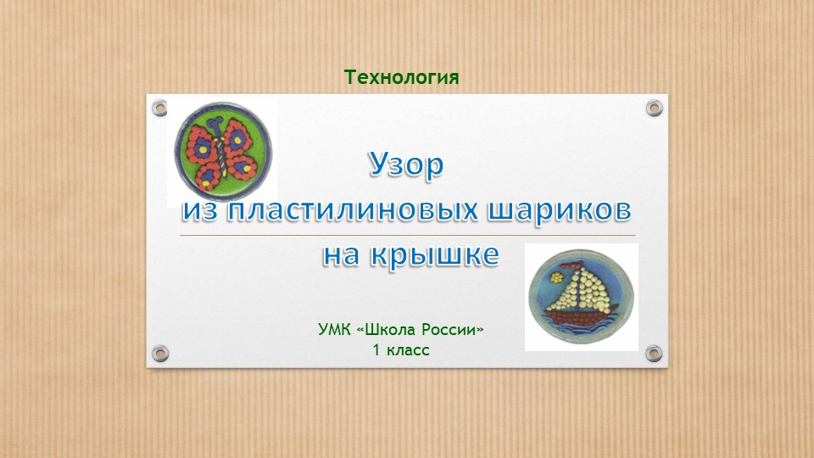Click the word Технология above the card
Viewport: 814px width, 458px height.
tap(401, 78)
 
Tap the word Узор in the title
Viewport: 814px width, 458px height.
tap(405, 165)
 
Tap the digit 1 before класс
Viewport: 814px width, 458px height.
tap(376, 349)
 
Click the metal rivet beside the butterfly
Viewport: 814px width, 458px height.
tap(159, 108)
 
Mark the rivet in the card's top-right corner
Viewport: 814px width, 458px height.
tap(654, 108)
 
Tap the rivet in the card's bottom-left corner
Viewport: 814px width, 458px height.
tap(159, 352)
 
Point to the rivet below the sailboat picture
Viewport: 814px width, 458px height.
tap(654, 352)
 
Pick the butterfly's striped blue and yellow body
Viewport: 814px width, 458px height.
tap(221, 153)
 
